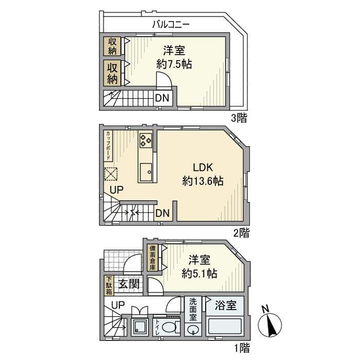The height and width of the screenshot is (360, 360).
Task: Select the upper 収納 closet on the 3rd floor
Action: click(x=112, y=46)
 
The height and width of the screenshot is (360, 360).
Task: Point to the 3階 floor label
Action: click(x=239, y=118)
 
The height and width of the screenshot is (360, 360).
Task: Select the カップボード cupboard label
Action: click(x=109, y=146)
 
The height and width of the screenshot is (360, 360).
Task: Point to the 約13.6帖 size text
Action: click(x=202, y=182)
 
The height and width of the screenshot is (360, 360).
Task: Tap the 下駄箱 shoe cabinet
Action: click(x=109, y=285)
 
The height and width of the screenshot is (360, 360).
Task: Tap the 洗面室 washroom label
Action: click(x=192, y=310)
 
